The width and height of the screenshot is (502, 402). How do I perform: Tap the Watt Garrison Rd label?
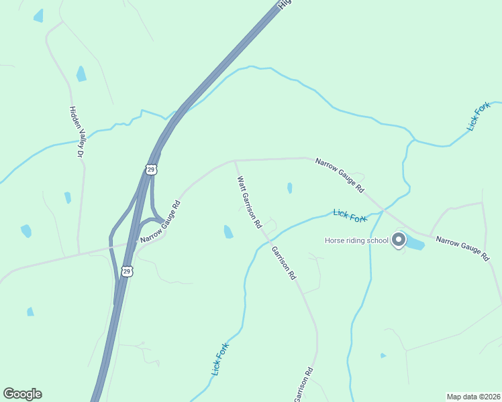(x=248, y=203)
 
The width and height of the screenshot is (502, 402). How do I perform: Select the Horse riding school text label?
(x=356, y=241)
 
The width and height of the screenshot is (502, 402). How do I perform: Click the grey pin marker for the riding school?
(x=399, y=239)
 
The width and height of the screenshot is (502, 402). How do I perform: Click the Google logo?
(x=22, y=394)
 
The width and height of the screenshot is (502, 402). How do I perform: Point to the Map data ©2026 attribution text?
(x=472, y=397)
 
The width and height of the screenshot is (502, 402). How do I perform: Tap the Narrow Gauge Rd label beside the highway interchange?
(x=159, y=221)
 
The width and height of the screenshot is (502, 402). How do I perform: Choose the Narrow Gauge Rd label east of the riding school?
(x=462, y=248)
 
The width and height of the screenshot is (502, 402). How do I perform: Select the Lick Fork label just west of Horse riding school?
(x=350, y=215)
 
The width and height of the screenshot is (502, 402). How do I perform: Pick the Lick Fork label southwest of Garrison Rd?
(x=221, y=360)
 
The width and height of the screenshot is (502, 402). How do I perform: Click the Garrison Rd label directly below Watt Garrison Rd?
(x=283, y=262)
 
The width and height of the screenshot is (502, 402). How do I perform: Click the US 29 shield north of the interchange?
(x=151, y=170)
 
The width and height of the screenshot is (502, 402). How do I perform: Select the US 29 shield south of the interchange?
(x=128, y=271)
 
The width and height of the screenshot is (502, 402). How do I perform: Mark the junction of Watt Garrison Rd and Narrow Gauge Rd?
(x=234, y=161)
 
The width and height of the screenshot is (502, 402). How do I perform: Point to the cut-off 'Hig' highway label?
(x=285, y=4)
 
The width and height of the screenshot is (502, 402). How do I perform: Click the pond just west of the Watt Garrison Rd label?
(x=228, y=232)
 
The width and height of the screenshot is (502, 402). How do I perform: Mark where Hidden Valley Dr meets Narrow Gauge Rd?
(x=79, y=254)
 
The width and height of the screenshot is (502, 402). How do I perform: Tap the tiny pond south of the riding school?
(x=383, y=355)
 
